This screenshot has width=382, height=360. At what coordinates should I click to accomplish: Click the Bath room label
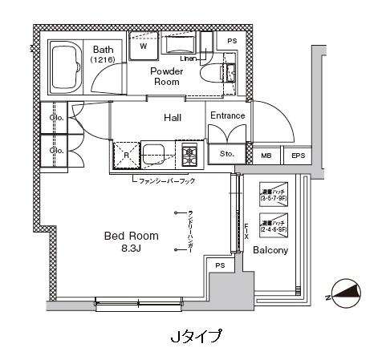(x=103, y=49)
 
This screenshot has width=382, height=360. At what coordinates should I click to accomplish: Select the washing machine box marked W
(x=144, y=46)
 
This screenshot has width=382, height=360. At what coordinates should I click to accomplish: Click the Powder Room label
(x=168, y=76)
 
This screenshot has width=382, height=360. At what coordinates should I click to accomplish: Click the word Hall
(x=173, y=118)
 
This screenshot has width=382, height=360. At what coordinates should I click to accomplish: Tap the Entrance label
(x=227, y=116)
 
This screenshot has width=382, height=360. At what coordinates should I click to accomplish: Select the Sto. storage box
(x=227, y=154)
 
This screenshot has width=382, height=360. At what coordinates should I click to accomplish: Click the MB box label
(x=266, y=156)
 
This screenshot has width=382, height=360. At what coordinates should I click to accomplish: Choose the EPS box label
(x=298, y=156)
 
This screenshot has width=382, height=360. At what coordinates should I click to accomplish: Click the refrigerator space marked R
(x=127, y=155)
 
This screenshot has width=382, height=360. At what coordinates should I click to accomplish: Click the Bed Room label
(x=131, y=237)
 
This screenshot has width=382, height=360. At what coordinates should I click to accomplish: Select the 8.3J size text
(x=131, y=249)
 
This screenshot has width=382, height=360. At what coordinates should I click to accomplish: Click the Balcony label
(x=271, y=251)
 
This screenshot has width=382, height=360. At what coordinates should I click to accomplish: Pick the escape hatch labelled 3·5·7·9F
(x=272, y=194)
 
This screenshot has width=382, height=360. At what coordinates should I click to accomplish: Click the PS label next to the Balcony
(x=219, y=265)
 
